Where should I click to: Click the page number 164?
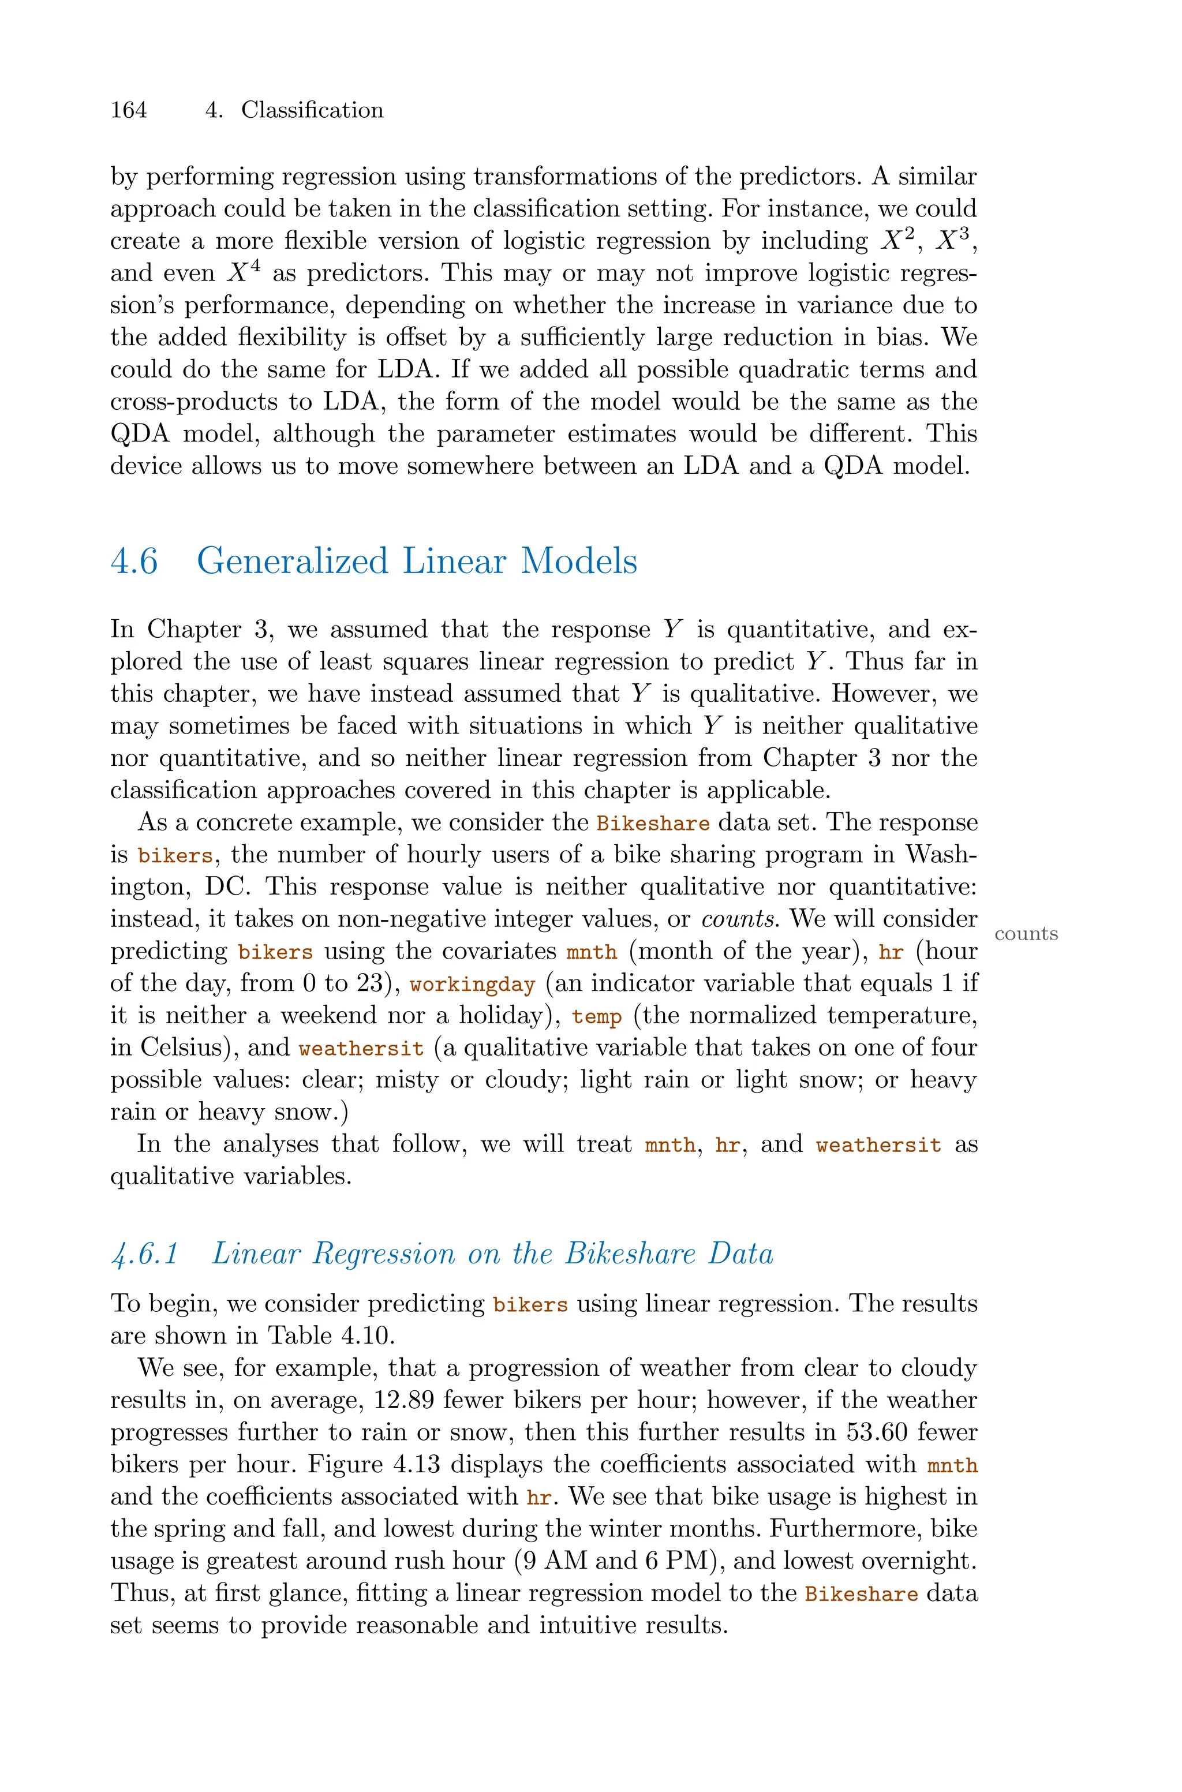[x=129, y=110]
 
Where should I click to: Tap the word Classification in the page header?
[x=312, y=110]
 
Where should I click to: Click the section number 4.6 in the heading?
[x=134, y=562]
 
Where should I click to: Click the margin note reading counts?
[x=1026, y=934]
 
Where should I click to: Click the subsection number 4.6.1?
[x=144, y=1254]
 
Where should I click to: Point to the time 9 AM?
[x=554, y=1561]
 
